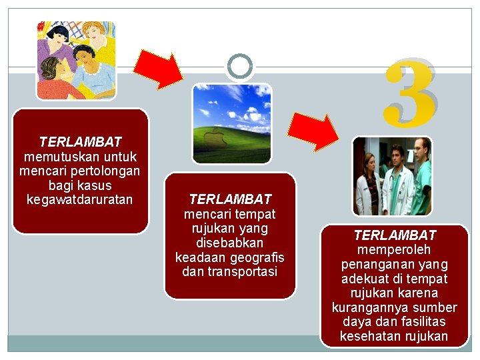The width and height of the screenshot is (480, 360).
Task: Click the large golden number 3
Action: coord(411,93)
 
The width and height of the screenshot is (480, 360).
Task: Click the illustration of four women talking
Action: coord(75,60)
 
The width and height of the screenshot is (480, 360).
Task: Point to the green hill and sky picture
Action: coord(231,123)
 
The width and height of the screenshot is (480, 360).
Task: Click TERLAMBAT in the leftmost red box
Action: coord(80,142)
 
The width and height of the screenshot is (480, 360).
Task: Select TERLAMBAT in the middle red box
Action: coord(230,199)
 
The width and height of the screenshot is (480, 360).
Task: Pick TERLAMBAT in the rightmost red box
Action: coord(395,235)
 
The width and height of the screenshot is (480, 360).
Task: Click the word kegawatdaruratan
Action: coord(80,200)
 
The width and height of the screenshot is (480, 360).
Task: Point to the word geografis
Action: coord(257,257)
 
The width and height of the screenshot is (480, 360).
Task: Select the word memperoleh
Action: coord(395,250)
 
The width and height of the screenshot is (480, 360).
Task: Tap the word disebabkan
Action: coord(230,243)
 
